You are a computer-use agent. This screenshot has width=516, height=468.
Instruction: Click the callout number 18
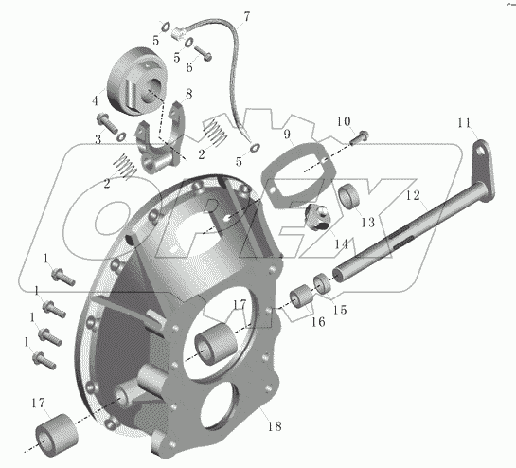(x=275, y=426)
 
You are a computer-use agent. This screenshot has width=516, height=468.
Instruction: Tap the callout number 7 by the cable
(x=246, y=16)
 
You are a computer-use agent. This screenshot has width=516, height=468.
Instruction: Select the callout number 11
(x=464, y=123)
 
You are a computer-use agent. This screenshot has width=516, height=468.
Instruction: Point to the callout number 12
(x=413, y=195)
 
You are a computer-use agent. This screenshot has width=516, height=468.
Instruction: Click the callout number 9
(x=287, y=134)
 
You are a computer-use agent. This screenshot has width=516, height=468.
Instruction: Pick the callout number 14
(x=341, y=244)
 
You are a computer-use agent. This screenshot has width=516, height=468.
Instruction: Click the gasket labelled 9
(x=298, y=175)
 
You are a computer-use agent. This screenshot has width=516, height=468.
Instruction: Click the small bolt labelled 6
(x=203, y=53)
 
